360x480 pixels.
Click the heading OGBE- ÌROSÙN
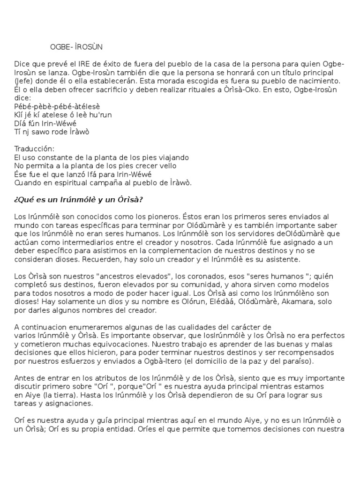[76, 47]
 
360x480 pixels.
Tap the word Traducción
[35, 149]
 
